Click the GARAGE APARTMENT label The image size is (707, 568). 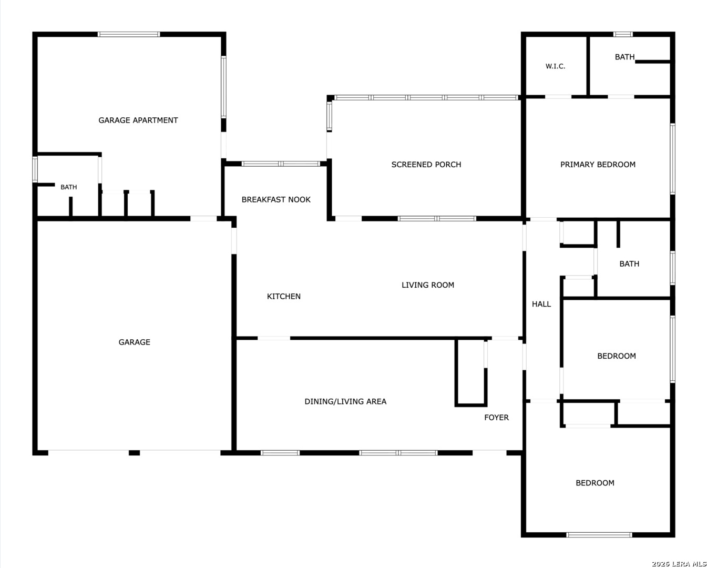click(x=138, y=120)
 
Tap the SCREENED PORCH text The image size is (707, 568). click(x=426, y=164)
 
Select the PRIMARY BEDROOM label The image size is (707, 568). click(x=598, y=164)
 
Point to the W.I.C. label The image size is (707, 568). click(x=555, y=66)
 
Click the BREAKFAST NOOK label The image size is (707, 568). click(x=276, y=199)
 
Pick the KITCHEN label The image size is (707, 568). click(x=283, y=297)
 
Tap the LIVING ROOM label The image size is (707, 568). click(x=428, y=285)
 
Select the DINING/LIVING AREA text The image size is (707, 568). click(x=345, y=401)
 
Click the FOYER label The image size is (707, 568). click(x=496, y=418)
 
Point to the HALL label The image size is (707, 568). click(x=541, y=304)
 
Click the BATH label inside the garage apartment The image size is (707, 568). click(x=69, y=187)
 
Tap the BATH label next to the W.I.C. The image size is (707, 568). click(x=624, y=57)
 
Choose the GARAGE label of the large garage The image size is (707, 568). click(x=135, y=342)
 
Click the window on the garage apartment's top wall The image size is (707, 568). click(x=129, y=34)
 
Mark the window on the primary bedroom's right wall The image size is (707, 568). click(x=672, y=159)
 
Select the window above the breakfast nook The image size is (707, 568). click(x=281, y=164)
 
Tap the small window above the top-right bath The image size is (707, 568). click(x=622, y=34)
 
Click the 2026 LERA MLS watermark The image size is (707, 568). click(x=679, y=564)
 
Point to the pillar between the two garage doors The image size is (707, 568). click(x=134, y=453)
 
